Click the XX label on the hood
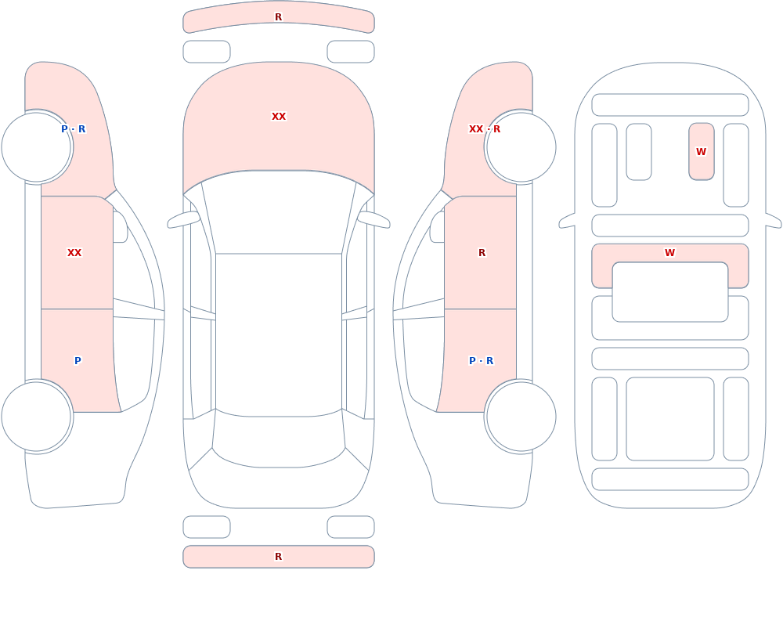279,117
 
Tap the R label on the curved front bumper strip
279,17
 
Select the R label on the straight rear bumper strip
279,557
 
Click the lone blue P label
78,361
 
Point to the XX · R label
485,129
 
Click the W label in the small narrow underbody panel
701,151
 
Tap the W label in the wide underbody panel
670,253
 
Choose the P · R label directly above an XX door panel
74,129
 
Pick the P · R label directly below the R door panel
482,361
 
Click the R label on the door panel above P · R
482,253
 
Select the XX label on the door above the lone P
74,253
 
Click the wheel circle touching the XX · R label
521,147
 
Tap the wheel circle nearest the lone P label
37,416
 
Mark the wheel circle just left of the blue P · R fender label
37,147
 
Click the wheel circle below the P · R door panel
521,416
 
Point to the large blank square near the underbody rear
670,419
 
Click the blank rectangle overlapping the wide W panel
670,292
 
